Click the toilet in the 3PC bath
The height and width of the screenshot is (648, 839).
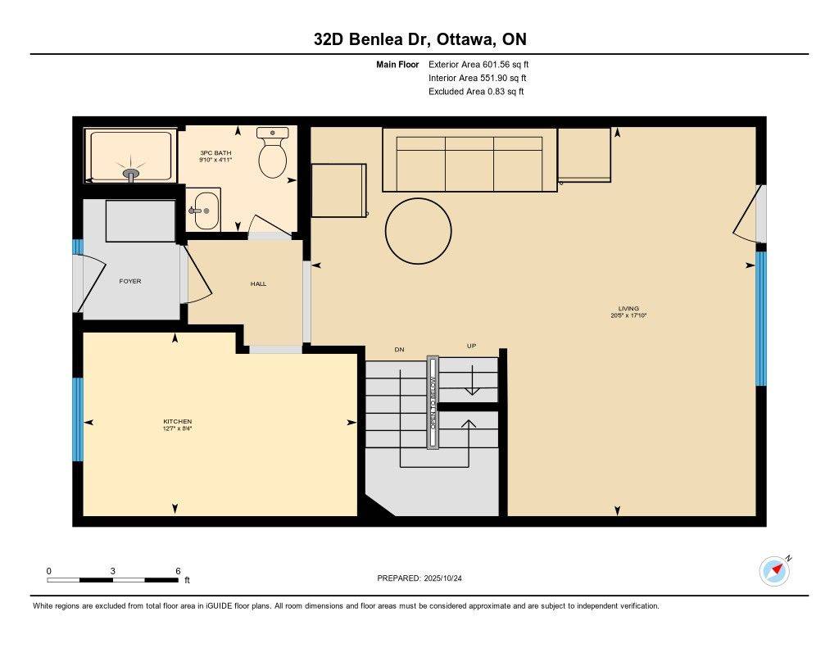[272, 155]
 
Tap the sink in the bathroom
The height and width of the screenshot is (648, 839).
[205, 211]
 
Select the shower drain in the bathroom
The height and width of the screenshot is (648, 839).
[131, 173]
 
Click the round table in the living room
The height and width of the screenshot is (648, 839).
[418, 231]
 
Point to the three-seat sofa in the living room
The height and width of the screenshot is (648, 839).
[469, 160]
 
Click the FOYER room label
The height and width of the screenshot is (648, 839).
[129, 281]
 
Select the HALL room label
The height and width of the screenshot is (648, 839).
[258, 284]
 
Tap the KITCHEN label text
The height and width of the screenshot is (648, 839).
[177, 422]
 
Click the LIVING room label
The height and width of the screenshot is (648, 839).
[628, 309]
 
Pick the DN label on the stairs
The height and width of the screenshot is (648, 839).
[399, 350]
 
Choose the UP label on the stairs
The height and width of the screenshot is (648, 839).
[471, 346]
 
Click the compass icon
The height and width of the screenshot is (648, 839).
[774, 571]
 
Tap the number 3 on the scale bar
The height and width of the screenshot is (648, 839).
[112, 570]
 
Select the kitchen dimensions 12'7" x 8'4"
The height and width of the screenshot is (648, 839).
[177, 428]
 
